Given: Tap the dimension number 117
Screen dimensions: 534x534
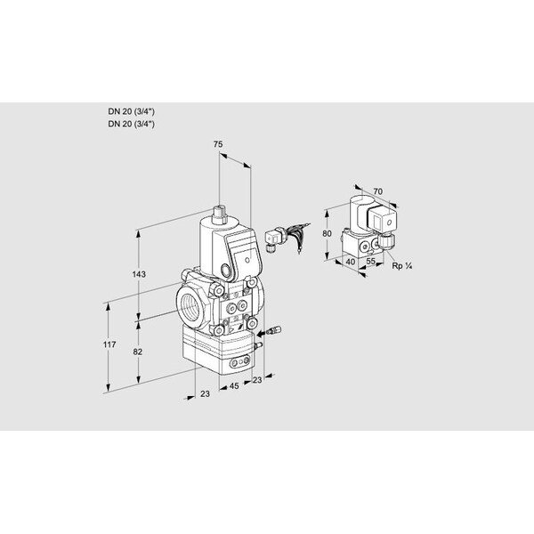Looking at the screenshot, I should pyautogui.click(x=109, y=344).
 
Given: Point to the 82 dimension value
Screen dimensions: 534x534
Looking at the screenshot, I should pyautogui.click(x=137, y=352).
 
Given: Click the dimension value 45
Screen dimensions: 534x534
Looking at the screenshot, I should pyautogui.click(x=232, y=386).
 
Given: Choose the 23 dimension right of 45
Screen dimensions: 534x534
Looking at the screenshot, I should pyautogui.click(x=258, y=380).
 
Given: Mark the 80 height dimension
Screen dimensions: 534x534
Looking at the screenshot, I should pyautogui.click(x=328, y=234).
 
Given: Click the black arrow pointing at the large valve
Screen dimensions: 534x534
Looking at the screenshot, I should pyautogui.click(x=273, y=328).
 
